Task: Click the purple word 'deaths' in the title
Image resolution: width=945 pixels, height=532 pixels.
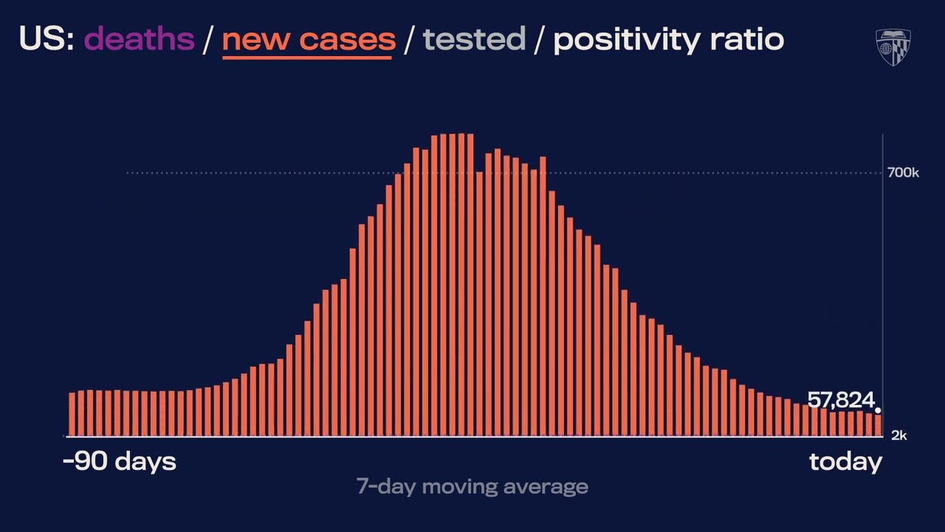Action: [x=140, y=38]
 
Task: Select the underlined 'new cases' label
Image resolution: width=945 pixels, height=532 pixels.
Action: [x=308, y=38]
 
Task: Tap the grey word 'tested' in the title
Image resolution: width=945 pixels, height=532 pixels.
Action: [x=474, y=38]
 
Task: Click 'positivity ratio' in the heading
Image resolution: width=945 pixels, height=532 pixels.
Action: [x=668, y=38]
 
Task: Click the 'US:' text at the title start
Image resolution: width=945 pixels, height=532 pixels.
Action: [x=47, y=38]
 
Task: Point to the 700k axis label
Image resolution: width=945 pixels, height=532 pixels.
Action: [x=903, y=173]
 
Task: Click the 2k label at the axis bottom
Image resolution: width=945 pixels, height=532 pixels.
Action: [x=898, y=436]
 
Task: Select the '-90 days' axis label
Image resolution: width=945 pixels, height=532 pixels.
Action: [x=120, y=462]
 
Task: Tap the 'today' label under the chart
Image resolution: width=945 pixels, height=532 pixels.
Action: [x=845, y=462]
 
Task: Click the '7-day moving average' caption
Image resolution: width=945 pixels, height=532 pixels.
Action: [x=472, y=486]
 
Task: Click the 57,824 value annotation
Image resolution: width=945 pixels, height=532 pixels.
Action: [x=840, y=400]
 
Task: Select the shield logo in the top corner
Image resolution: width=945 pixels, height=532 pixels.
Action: [x=893, y=47]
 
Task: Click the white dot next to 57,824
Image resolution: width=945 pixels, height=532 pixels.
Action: [x=878, y=410]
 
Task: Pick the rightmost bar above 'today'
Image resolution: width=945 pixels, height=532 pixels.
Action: [x=878, y=425]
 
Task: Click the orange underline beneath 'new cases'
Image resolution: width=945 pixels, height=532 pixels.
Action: [x=307, y=55]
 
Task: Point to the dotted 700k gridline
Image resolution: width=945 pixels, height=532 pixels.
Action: [x=295, y=173]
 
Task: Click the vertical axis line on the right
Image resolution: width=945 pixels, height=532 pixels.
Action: [x=883, y=296]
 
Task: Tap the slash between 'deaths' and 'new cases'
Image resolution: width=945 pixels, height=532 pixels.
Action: [x=208, y=39]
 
